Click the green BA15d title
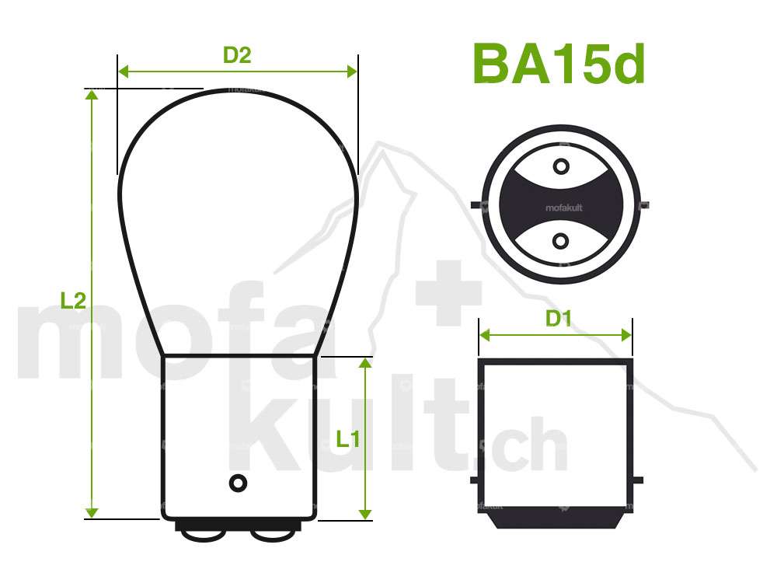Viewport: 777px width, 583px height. pyautogui.click(x=558, y=64)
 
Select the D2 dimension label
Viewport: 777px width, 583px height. pyautogui.click(x=237, y=55)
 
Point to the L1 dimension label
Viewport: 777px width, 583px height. pyautogui.click(x=347, y=439)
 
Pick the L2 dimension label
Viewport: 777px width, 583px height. pyautogui.click(x=72, y=301)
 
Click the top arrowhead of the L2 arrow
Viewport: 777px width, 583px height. pyautogui.click(x=92, y=95)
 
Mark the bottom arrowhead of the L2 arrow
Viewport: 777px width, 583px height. pyautogui.click(x=92, y=512)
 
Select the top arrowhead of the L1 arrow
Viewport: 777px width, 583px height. pyautogui.click(x=364, y=363)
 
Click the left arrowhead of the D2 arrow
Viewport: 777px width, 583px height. pyautogui.click(x=123, y=72)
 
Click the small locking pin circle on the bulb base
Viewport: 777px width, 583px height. pyautogui.click(x=238, y=482)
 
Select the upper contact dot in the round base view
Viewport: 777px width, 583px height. pyautogui.click(x=560, y=167)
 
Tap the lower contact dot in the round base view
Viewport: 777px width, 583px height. pyautogui.click(x=560, y=242)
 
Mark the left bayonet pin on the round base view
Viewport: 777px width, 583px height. pyautogui.click(x=476, y=205)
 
